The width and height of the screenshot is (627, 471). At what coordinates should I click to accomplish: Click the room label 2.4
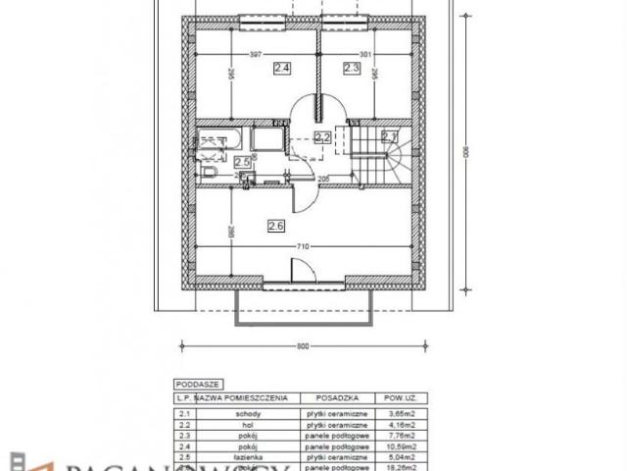tap(282, 68)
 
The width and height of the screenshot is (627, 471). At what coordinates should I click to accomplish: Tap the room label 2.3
tap(352, 68)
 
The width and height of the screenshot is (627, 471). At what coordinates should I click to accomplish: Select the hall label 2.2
tap(322, 137)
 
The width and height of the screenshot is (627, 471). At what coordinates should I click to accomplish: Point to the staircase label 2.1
tap(389, 136)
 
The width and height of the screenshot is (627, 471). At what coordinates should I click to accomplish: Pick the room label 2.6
tap(275, 226)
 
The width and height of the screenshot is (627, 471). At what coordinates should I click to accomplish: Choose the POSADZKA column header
tap(328, 399)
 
